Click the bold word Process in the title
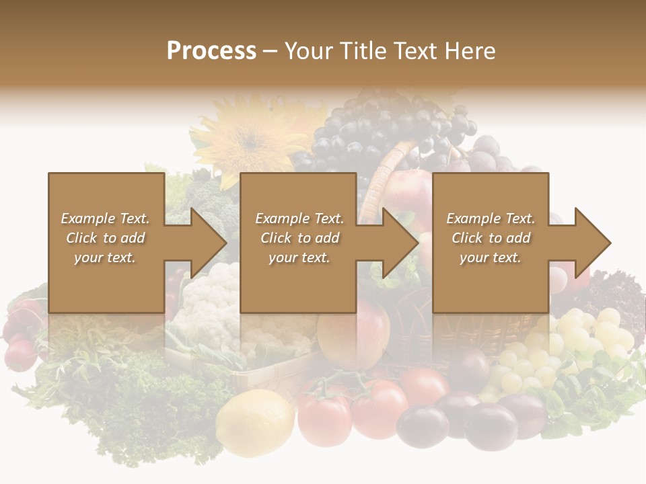(211, 50)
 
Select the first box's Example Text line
(105, 218)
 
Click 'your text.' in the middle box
(299, 257)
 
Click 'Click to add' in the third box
(491, 238)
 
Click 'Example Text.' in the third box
(491, 218)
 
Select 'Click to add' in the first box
(105, 238)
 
